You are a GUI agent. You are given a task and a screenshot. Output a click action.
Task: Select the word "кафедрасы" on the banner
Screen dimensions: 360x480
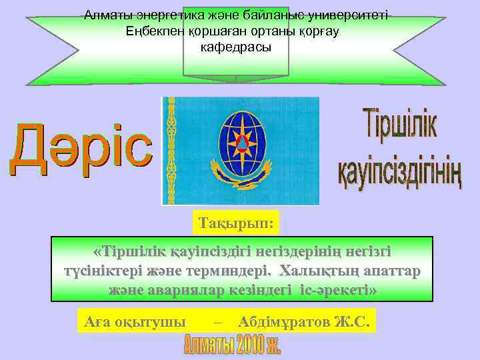click(236, 48)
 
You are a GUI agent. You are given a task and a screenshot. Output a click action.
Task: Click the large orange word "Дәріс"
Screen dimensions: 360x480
click(81, 149)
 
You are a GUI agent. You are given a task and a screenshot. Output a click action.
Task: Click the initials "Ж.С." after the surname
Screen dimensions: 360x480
click(353, 322)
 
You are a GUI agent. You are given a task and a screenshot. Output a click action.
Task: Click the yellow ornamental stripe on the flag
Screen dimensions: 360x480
click(173, 151)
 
